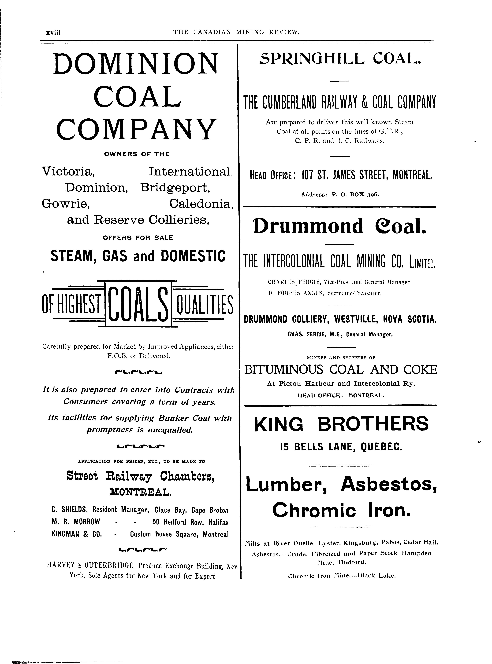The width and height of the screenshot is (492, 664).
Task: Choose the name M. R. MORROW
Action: pyautogui.click(x=76, y=522)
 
